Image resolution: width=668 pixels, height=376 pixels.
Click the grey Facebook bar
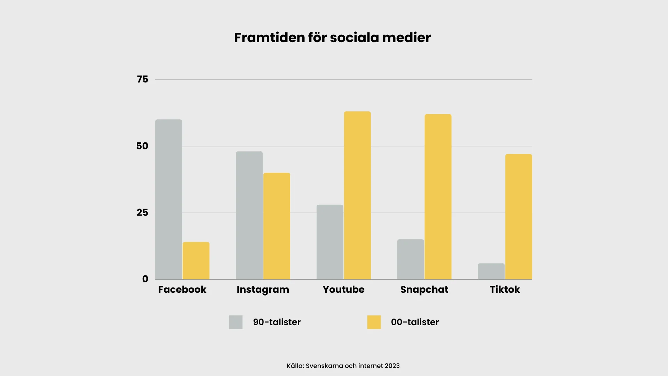click(169, 199)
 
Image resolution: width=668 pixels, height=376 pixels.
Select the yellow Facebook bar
click(196, 260)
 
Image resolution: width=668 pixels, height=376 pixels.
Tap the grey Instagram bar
click(249, 215)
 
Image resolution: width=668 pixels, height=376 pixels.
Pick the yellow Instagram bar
click(277, 226)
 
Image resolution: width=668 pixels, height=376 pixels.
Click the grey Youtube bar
click(330, 242)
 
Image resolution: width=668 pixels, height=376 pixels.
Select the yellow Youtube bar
click(357, 195)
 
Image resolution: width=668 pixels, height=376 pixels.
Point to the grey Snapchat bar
click(411, 259)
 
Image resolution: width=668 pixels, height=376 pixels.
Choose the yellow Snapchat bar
click(438, 197)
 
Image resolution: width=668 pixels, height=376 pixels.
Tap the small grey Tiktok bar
click(491, 271)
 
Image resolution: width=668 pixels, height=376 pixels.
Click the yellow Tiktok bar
click(518, 217)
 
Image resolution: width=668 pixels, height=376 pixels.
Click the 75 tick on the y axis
click(142, 79)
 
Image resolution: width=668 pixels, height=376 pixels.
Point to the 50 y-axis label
click(142, 146)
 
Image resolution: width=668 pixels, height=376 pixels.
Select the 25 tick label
click(142, 212)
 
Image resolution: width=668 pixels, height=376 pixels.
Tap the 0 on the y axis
click(145, 279)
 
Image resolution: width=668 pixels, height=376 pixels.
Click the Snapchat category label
click(424, 290)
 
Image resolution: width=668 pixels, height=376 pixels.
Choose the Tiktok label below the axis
click(505, 289)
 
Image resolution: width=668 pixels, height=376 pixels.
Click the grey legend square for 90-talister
click(236, 322)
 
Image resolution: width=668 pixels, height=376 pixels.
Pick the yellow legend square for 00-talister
click(374, 322)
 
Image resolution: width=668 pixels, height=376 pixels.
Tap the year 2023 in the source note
click(392, 366)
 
